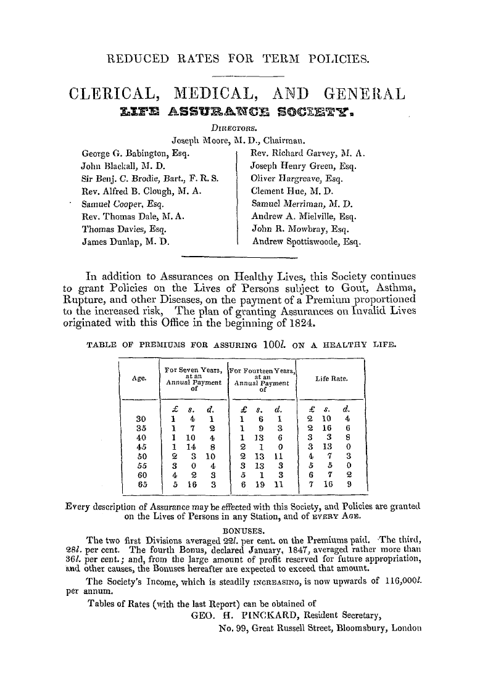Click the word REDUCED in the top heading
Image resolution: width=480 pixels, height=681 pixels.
132,60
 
